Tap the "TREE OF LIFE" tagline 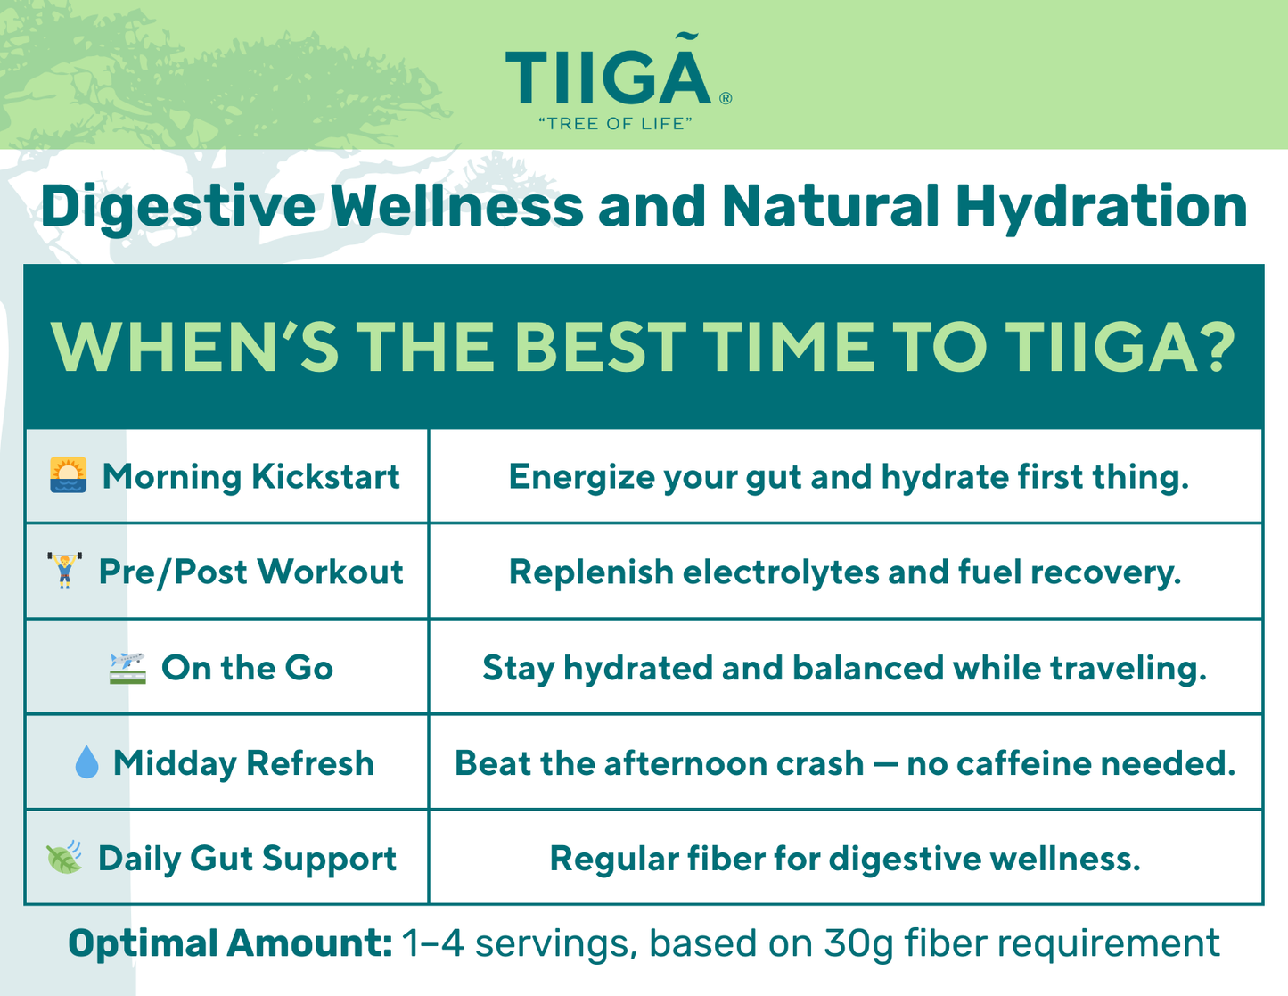pos(615,123)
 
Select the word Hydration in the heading pos(1102,206)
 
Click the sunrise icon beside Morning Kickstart pos(68,475)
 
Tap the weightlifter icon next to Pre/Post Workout pos(64,570)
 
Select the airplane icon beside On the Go pos(127,668)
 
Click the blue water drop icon pos(86,761)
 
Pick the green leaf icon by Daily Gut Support pos(64,857)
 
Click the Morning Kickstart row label pos(251,478)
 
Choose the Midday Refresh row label pos(243,763)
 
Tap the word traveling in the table pos(1128,670)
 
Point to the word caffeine pos(1024,763)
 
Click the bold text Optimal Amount pos(230,944)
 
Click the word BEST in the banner pos(601,347)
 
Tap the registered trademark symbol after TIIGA pos(726,98)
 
